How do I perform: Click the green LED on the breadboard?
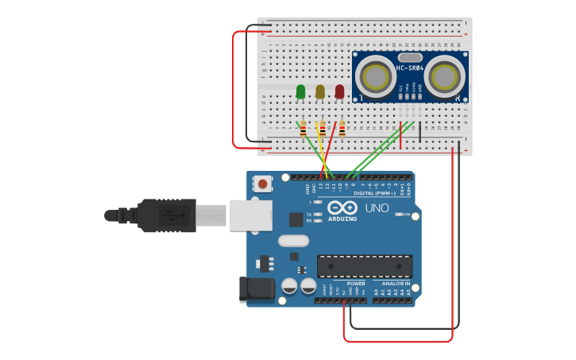pyautogui.click(x=300, y=92)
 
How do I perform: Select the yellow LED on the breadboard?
pyautogui.click(x=320, y=92)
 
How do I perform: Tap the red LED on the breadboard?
pyautogui.click(x=340, y=92)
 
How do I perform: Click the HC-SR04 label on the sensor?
pyautogui.click(x=410, y=68)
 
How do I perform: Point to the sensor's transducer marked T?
pyautogui.click(x=373, y=76)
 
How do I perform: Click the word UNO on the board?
pyautogui.click(x=377, y=208)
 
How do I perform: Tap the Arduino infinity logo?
pyautogui.click(x=342, y=207)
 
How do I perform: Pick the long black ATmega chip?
pyautogui.click(x=365, y=267)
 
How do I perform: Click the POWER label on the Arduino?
pyautogui.click(x=356, y=284)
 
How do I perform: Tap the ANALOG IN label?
pyautogui.click(x=396, y=284)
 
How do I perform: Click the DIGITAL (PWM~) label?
pyautogui.click(x=375, y=193)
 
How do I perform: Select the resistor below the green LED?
pyautogui.click(x=303, y=128)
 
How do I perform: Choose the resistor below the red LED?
pyautogui.click(x=342, y=128)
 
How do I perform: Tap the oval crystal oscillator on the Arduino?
pyautogui.click(x=292, y=240)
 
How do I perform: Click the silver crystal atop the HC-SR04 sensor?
pyautogui.click(x=410, y=57)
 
